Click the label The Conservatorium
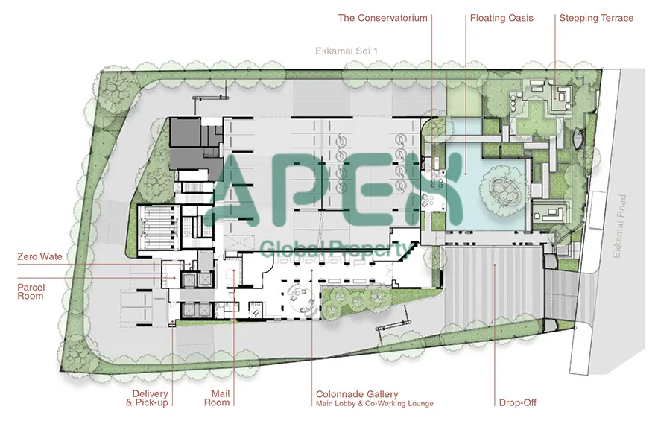382,18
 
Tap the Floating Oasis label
501,18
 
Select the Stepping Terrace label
596,18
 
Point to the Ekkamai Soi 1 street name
347,51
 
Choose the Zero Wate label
39,256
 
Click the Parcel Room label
31,291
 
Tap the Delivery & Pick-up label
148,398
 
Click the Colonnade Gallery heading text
357,394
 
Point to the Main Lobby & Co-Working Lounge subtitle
375,404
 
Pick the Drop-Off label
518,402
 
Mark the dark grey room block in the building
194,143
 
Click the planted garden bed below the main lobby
356,301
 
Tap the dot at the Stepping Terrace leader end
555,98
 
